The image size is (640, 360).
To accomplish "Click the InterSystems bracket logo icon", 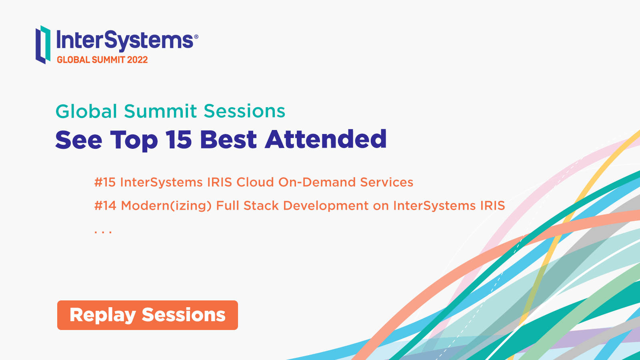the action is [43, 44].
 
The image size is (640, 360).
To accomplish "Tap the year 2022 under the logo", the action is [137, 60].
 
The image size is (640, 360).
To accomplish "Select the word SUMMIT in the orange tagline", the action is [108, 60].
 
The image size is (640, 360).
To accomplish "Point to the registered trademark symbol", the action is [196, 36].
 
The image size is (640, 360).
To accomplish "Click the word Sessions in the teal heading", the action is [244, 111].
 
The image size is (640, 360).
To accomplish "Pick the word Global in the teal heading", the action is [86, 111].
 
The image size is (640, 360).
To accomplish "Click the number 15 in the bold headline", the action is [178, 140].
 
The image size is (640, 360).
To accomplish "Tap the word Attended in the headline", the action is [326, 139].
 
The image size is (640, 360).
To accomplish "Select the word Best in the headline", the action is [228, 140].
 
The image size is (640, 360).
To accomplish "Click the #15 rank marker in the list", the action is [105, 182].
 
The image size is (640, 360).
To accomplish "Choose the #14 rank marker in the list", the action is [105, 206].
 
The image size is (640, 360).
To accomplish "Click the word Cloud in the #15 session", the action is [255, 182].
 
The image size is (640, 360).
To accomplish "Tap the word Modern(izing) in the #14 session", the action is [166, 206].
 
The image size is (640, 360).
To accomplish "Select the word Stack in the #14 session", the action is [261, 206].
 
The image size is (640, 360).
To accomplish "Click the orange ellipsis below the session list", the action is [103, 232].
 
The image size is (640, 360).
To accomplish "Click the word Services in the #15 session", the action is [386, 182].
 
